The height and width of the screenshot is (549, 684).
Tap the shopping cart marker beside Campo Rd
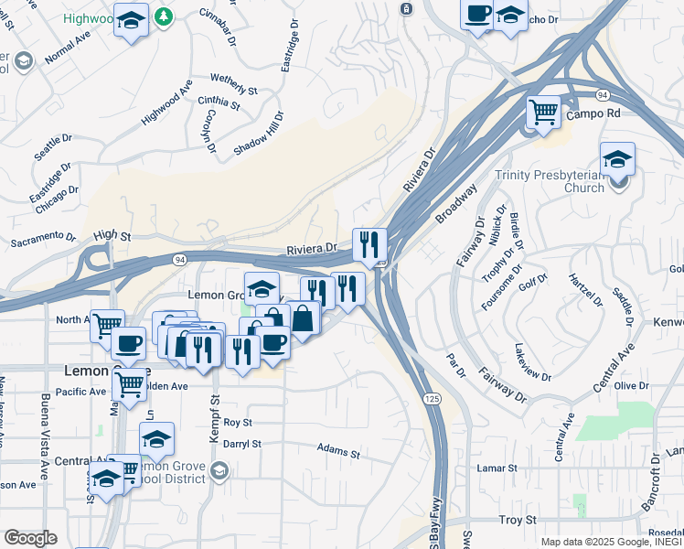tap(543, 113)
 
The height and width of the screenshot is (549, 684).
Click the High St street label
tap(112, 235)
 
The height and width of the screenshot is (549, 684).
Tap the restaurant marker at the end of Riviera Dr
tap(369, 244)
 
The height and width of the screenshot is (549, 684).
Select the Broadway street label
tap(456, 204)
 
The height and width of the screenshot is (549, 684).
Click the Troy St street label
tap(517, 520)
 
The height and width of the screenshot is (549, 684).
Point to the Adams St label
tap(338, 450)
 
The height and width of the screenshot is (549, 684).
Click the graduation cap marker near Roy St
tap(157, 438)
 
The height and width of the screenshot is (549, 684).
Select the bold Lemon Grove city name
tap(94, 371)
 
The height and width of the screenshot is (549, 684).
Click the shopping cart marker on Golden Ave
tap(129, 384)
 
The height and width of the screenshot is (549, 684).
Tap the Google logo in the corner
tap(30, 538)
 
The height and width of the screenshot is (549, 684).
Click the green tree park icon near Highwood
tap(163, 16)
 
